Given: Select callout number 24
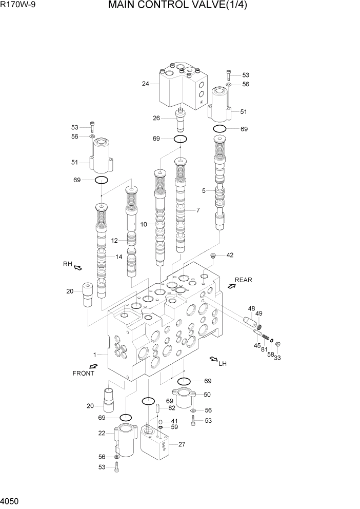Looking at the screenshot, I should [x=146, y=84].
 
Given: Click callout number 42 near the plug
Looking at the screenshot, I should [x=230, y=255].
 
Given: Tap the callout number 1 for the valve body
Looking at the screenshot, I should [x=94, y=355].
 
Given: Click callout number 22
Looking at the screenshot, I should [x=102, y=434].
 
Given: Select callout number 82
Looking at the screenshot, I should [x=172, y=408].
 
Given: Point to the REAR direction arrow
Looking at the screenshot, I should [x=232, y=286].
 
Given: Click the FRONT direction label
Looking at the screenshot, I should [x=83, y=373].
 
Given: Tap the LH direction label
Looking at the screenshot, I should [x=223, y=364].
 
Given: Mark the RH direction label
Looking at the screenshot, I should [x=67, y=264].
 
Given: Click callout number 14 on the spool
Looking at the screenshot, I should [x=118, y=257].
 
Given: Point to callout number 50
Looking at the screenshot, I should [x=207, y=395].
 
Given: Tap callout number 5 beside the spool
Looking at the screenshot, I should [x=204, y=191].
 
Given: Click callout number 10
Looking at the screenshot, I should [x=144, y=224].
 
